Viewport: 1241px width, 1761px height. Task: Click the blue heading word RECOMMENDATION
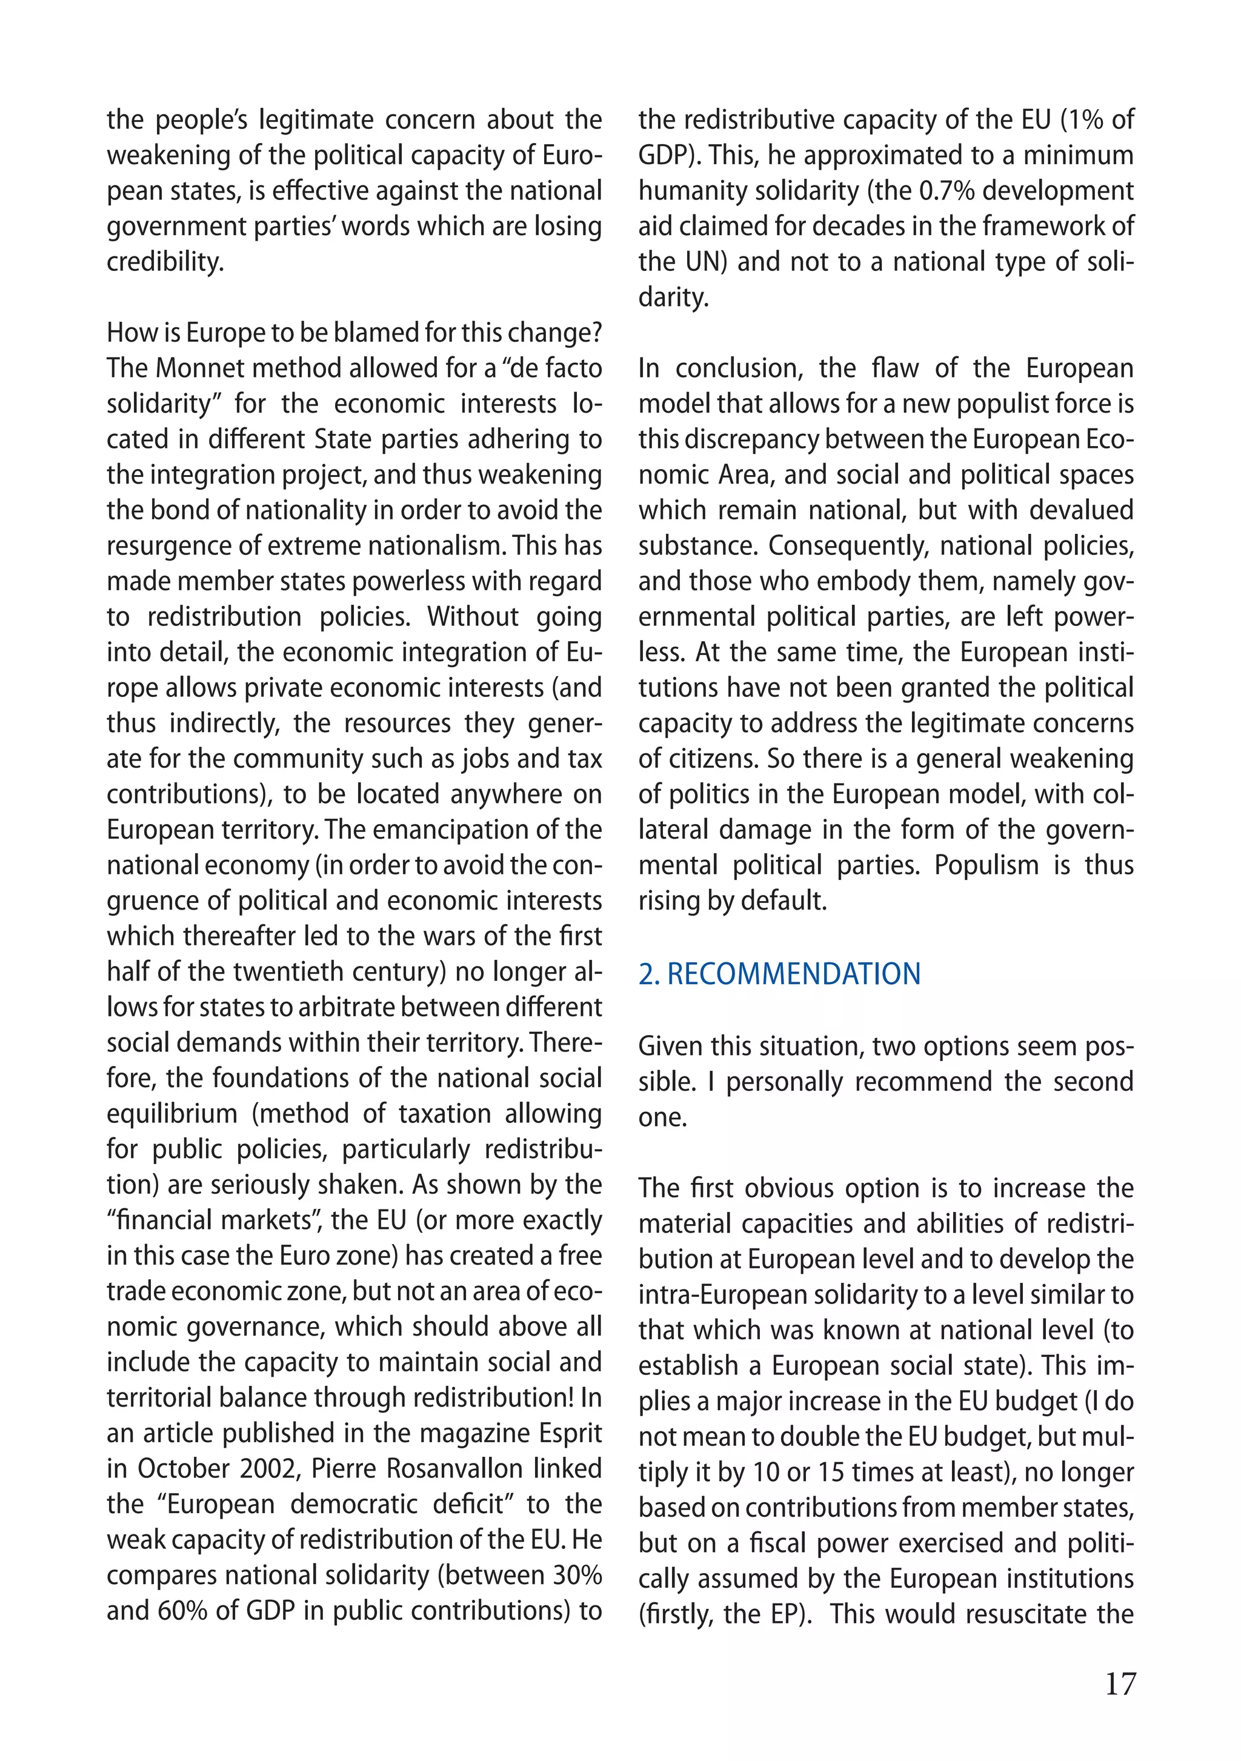pos(793,973)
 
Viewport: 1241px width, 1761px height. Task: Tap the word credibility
pos(165,262)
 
